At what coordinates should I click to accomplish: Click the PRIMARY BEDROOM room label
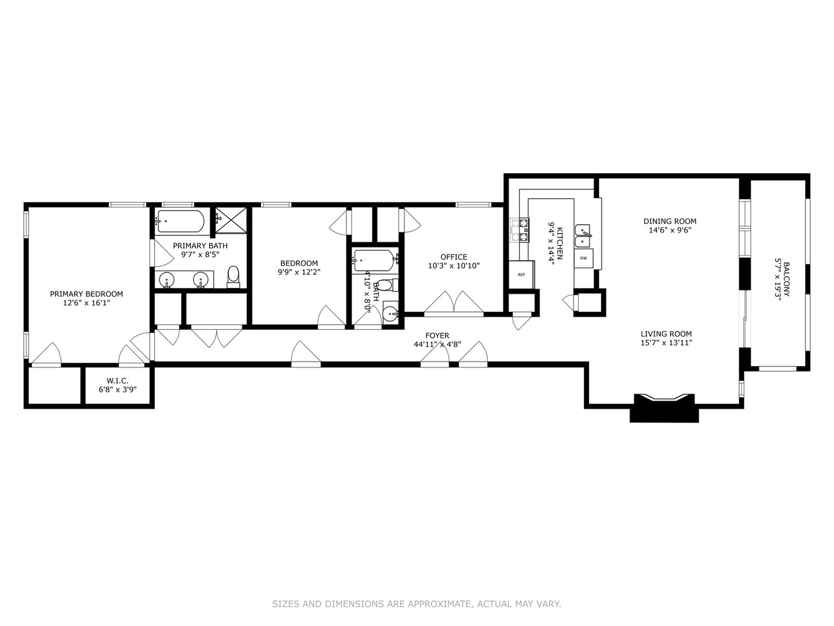click(x=86, y=294)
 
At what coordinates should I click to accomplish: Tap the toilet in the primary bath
click(x=233, y=276)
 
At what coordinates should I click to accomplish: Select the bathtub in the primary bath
click(x=180, y=221)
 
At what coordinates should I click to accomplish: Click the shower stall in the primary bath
click(x=231, y=221)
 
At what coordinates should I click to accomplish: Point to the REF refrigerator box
click(x=521, y=274)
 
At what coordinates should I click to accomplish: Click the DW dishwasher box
click(x=583, y=258)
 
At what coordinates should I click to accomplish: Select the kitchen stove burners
click(x=520, y=230)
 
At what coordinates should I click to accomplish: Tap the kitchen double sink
click(x=583, y=236)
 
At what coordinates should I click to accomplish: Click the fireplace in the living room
click(x=664, y=407)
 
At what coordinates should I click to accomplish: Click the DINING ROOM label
click(x=670, y=221)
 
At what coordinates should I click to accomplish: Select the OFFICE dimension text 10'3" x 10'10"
click(x=453, y=266)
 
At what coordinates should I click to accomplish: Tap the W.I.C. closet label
click(x=117, y=381)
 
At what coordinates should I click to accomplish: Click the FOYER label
click(x=437, y=336)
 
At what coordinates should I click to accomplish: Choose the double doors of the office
click(x=454, y=303)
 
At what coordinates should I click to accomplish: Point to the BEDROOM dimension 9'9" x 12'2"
click(x=299, y=272)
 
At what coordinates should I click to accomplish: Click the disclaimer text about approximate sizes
click(x=416, y=604)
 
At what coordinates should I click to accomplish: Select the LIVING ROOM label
click(x=666, y=333)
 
